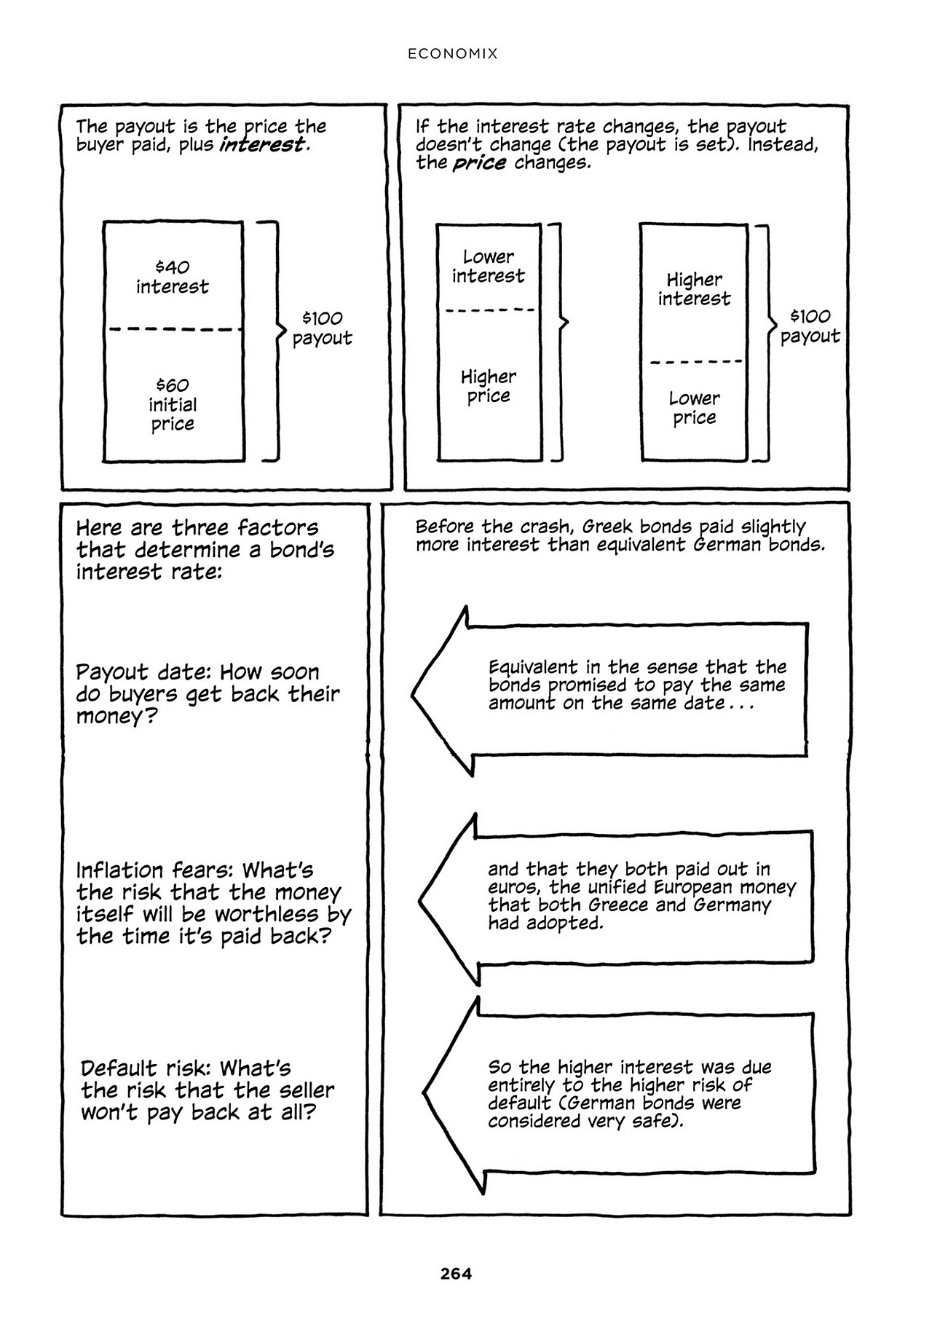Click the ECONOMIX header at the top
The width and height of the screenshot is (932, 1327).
click(x=452, y=54)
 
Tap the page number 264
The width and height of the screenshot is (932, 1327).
click(x=456, y=1274)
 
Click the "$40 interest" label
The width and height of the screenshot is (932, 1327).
click(x=173, y=277)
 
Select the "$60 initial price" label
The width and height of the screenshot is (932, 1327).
click(x=173, y=404)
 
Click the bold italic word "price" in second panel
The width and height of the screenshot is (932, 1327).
click(x=479, y=162)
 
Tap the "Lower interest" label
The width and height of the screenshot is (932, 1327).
click(x=488, y=266)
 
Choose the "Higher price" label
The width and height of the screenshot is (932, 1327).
click(x=488, y=386)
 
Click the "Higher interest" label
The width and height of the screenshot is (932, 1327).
click(x=694, y=288)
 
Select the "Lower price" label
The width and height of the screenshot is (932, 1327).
click(x=694, y=408)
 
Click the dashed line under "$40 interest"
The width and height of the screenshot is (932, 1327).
click(x=175, y=330)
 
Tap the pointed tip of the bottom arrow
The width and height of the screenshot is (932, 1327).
click(x=424, y=1093)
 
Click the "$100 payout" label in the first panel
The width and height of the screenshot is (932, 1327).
click(x=322, y=328)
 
